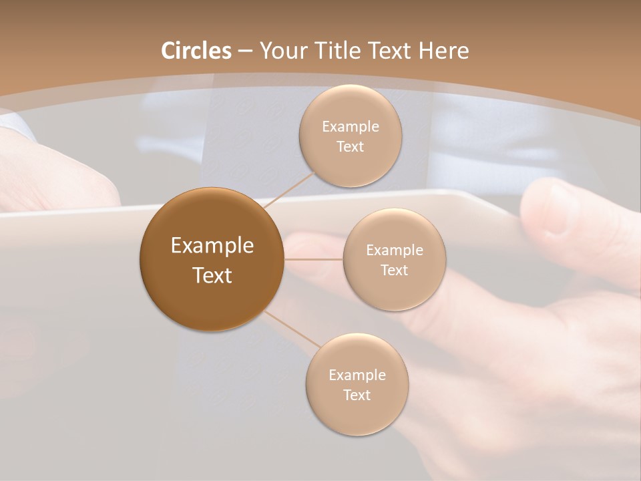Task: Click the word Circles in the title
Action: point(196,51)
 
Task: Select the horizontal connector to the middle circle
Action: point(313,259)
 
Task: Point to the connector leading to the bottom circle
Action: point(294,330)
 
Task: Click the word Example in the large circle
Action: point(212,246)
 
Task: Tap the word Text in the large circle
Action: point(212,275)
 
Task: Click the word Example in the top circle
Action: point(350,127)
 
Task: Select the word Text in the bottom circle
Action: point(357,395)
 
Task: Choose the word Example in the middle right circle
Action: point(394,251)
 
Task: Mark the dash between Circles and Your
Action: point(245,51)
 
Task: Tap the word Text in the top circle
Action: point(350,147)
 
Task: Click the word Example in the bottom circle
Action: point(357,375)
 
